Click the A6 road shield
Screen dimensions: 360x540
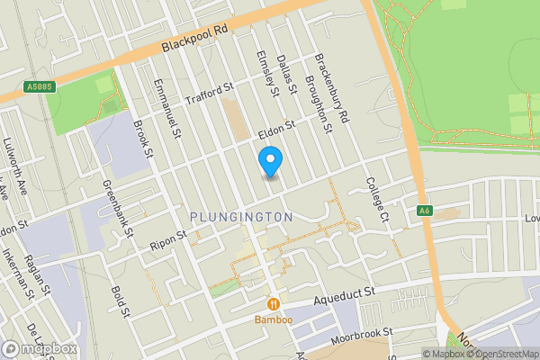[x=425, y=211]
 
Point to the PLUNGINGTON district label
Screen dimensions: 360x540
[x=241, y=217]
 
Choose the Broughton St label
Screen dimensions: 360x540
[x=319, y=105]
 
